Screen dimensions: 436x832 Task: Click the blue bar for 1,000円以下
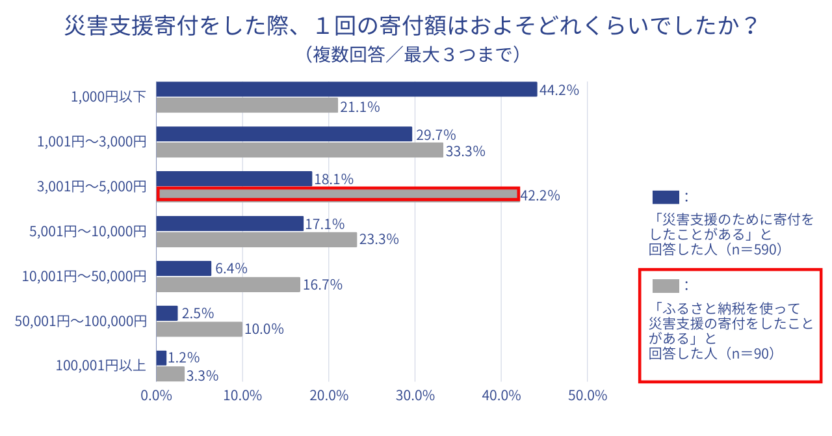[346, 89]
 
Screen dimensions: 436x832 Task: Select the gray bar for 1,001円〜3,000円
[300, 150]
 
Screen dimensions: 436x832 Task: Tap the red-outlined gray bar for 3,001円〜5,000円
[338, 194]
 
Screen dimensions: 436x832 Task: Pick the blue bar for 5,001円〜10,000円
[230, 223]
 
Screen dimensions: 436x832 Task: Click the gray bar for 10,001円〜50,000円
[228, 284]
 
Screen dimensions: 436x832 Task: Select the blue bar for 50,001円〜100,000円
[167, 313]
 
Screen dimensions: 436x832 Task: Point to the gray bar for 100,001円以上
[170, 374]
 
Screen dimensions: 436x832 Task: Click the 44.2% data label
[559, 90]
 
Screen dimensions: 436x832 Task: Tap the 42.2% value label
[540, 196]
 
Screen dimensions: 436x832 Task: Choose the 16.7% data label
[322, 285]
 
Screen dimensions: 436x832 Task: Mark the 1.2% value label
[183, 358]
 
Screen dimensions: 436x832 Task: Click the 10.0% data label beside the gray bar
[264, 329]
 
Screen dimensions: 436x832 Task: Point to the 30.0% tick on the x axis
[415, 396]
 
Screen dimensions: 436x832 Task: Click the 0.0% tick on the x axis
[156, 396]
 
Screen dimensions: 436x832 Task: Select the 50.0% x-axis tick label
[587, 396]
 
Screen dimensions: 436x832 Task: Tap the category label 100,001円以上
[101, 366]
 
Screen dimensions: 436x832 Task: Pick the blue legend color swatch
[665, 197]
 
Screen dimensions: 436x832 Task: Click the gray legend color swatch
[665, 286]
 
